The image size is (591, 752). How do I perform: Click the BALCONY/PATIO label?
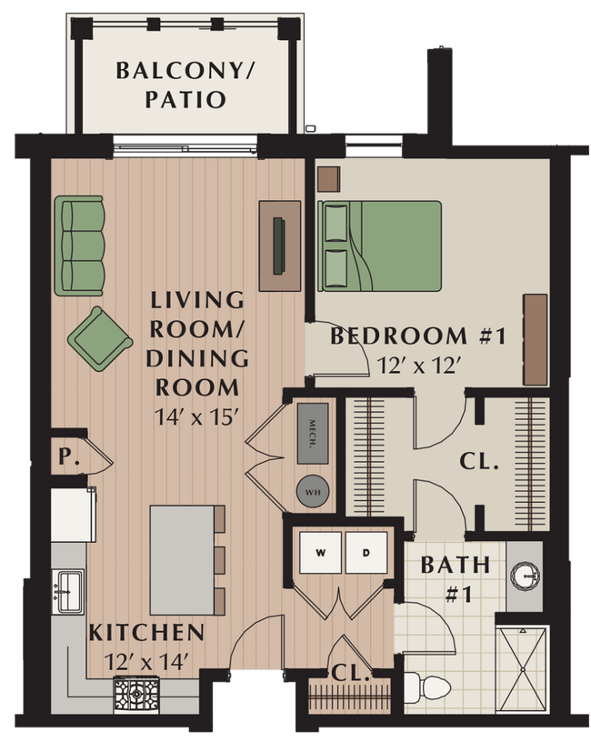[171, 84]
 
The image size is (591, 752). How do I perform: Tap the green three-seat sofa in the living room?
[80, 246]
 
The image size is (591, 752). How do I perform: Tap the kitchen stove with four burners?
[135, 696]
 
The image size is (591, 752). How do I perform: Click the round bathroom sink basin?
[524, 576]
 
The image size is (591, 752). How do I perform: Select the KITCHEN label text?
[145, 632]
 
